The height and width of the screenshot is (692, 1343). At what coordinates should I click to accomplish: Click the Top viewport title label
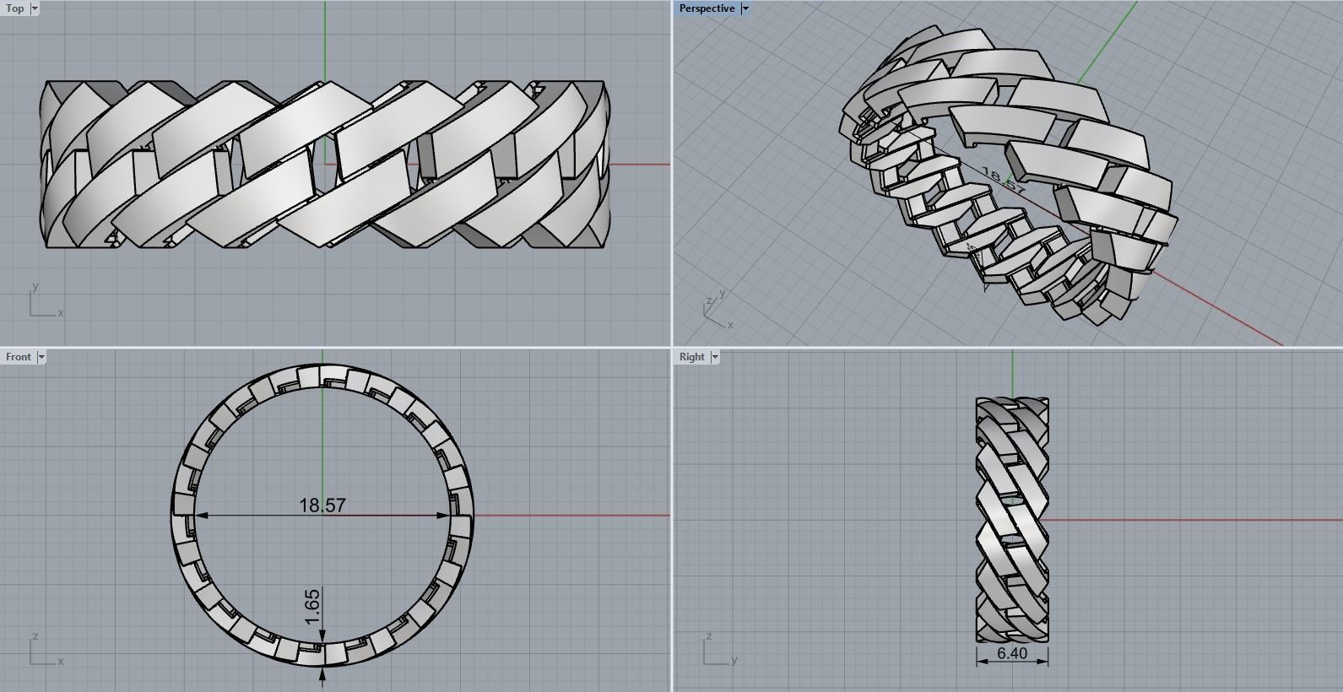(x=15, y=8)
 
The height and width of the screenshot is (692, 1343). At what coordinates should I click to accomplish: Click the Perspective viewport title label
(x=707, y=8)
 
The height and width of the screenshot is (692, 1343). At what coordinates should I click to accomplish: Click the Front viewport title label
(x=18, y=357)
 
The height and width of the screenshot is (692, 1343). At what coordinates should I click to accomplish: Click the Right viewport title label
(x=691, y=357)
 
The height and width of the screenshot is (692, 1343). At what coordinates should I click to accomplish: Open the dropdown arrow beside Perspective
(x=745, y=8)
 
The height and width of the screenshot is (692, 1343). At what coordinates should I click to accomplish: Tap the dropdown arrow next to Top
(x=35, y=8)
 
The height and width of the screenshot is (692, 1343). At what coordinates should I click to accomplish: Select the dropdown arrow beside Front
(x=41, y=357)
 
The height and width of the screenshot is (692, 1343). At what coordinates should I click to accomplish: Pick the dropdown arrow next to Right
(x=715, y=357)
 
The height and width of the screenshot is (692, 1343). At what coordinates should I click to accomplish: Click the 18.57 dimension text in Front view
(x=322, y=505)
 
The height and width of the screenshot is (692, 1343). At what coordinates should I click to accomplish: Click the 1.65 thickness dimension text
(x=311, y=608)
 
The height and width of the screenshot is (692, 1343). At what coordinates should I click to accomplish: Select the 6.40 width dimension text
(x=1012, y=653)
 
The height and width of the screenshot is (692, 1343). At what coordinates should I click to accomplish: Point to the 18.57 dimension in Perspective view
(x=1004, y=181)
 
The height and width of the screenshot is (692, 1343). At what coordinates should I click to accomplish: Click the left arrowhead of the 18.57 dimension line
(x=201, y=516)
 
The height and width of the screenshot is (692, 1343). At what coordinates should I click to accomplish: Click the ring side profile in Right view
(x=1012, y=519)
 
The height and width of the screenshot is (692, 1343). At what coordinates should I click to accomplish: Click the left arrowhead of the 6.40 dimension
(x=982, y=662)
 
